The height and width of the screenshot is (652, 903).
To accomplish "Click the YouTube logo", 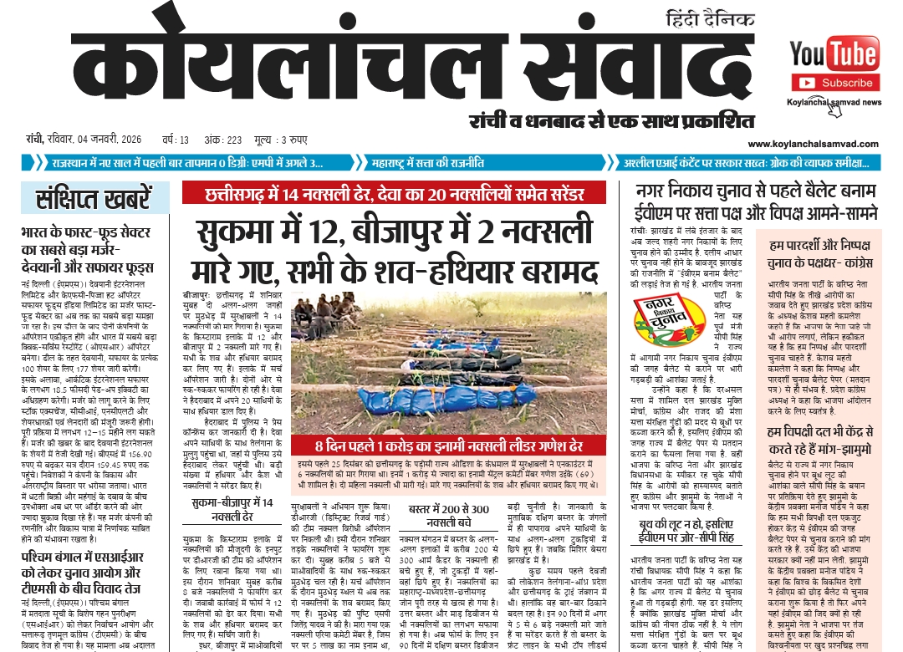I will pyautogui.click(x=834, y=54).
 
